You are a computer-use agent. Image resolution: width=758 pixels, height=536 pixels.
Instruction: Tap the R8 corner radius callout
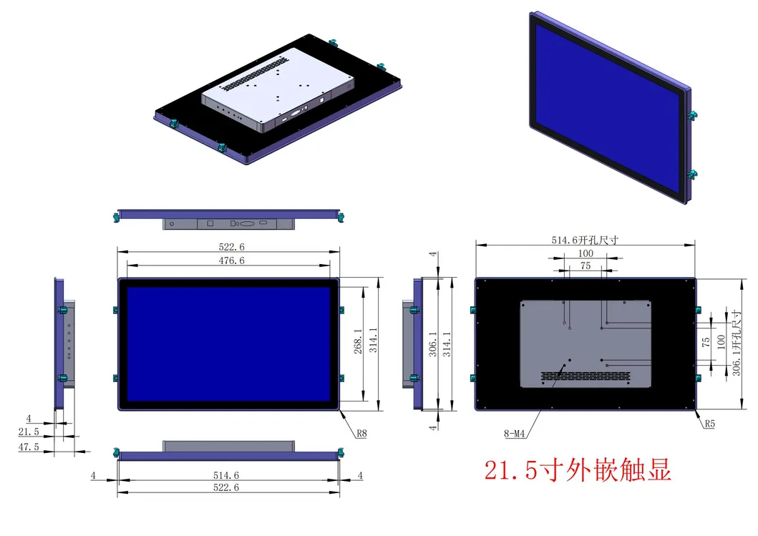362,432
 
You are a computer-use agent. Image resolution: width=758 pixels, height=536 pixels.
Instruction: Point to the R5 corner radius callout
709,424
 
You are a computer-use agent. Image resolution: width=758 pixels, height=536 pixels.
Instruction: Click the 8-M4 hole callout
513,432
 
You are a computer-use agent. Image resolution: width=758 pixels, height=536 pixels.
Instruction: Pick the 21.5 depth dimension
29,433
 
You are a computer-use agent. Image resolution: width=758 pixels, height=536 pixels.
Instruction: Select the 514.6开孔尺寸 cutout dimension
585,241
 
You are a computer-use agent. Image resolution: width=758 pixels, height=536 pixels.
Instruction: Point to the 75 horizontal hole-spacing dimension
585,266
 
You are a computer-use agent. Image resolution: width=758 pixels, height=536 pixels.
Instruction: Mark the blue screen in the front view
228,343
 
